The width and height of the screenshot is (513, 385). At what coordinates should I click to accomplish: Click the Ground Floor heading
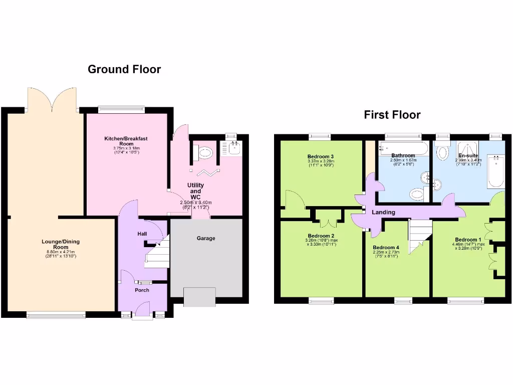point(124,69)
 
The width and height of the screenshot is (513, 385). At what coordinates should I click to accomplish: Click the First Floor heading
point(392,115)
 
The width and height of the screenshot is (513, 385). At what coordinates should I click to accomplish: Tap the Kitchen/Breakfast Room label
point(126,140)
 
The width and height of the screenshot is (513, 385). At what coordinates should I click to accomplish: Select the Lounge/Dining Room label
point(60,244)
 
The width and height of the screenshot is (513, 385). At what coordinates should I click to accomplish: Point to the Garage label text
point(206,238)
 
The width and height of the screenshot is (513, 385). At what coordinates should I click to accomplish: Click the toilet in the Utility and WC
point(204,152)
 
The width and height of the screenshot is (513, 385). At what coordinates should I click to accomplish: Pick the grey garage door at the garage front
point(199,297)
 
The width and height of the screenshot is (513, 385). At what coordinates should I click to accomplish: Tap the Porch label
point(142,290)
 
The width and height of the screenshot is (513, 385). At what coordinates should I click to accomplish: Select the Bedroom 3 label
point(321,156)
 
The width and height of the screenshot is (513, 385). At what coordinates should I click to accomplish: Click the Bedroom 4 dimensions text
point(386,254)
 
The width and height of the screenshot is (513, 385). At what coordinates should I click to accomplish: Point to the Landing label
point(383,212)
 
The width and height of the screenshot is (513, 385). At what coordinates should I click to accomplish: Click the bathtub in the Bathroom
point(403,147)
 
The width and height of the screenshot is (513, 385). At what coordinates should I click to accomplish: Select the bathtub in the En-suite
point(495,170)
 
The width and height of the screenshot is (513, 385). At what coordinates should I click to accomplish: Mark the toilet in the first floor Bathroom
point(416,194)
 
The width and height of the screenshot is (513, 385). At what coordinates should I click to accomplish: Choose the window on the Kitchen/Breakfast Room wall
point(121,109)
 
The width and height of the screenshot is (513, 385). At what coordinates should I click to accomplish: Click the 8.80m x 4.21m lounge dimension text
point(60,252)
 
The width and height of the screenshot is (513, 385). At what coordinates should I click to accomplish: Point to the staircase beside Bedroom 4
point(420,237)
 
